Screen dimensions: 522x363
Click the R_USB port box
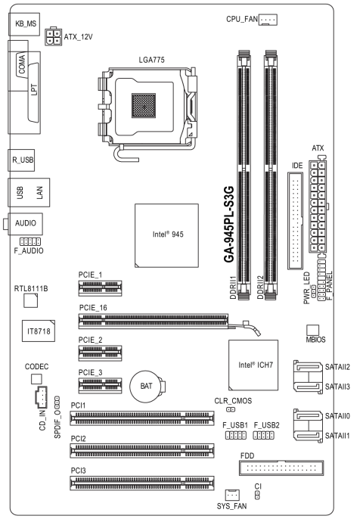point(24,160)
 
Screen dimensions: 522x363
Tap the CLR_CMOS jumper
point(230,410)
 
